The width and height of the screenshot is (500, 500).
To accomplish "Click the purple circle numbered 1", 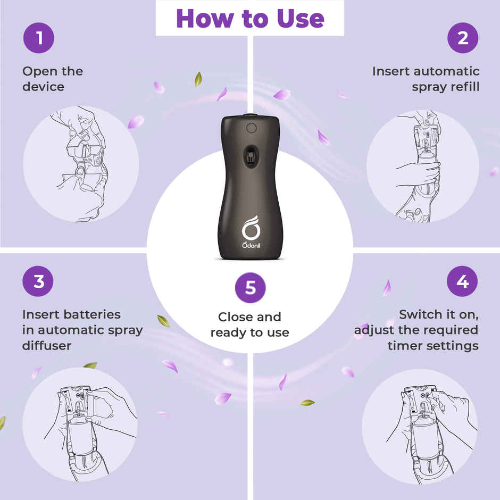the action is click(39, 38).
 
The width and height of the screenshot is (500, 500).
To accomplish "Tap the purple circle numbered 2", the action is click(463, 38).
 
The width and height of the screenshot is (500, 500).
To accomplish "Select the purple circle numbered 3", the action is click(38, 281).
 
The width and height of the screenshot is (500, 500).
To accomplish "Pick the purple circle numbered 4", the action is click(462, 281).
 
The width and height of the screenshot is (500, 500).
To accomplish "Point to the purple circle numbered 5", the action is click(251, 288).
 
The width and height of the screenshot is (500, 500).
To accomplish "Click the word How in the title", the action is click(205, 19).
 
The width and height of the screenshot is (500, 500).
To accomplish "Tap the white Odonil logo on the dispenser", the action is click(251, 232).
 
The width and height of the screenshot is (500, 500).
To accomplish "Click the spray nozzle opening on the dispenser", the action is click(251, 156).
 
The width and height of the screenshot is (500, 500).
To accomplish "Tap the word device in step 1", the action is click(44, 86).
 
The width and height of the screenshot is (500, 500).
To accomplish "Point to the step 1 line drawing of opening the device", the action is click(81, 164).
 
